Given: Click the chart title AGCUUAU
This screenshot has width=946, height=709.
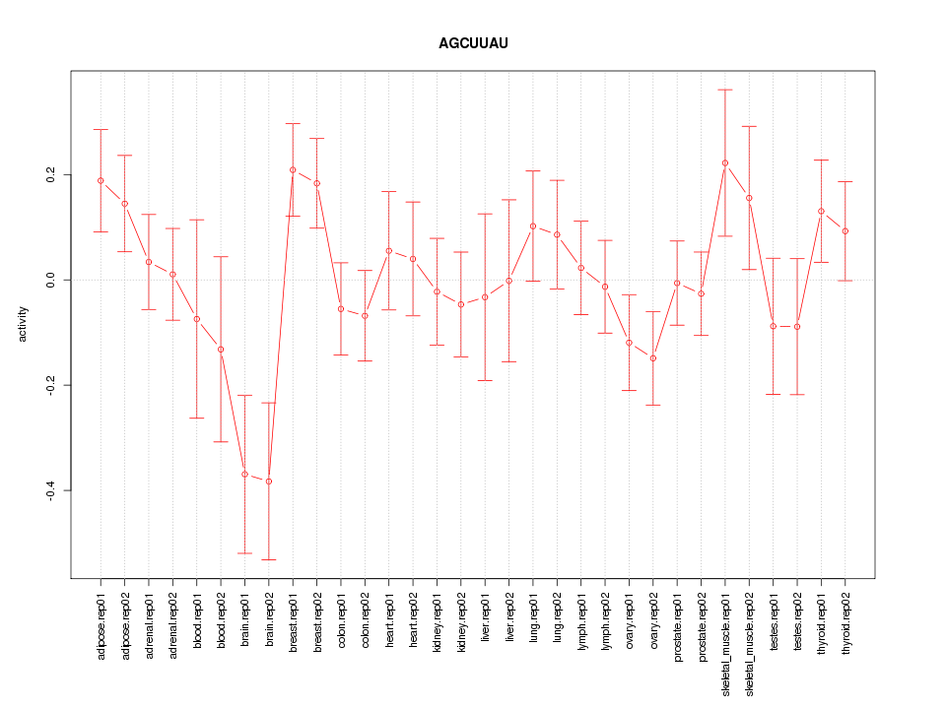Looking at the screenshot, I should pyautogui.click(x=473, y=44).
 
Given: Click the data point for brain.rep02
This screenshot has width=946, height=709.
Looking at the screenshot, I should pyautogui.click(x=268, y=482).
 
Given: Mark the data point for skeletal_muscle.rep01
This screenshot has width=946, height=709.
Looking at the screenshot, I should pyautogui.click(x=725, y=162).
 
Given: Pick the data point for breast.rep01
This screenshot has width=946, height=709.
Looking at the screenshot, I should pyautogui.click(x=293, y=170).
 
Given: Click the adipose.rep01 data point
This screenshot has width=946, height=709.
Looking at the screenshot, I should pyautogui.click(x=101, y=180).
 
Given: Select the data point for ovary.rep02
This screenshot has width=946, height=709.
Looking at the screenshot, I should pyautogui.click(x=653, y=358).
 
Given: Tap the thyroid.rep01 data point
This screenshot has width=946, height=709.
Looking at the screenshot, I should pyautogui.click(x=821, y=211).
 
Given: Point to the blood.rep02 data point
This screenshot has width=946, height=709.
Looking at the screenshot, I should pyautogui.click(x=221, y=350).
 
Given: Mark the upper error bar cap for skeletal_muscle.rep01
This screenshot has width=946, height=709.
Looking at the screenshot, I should pyautogui.click(x=725, y=90).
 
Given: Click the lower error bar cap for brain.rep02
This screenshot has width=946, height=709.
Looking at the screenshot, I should pyautogui.click(x=268, y=559).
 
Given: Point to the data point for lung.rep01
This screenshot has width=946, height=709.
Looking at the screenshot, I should pyautogui.click(x=533, y=226).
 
